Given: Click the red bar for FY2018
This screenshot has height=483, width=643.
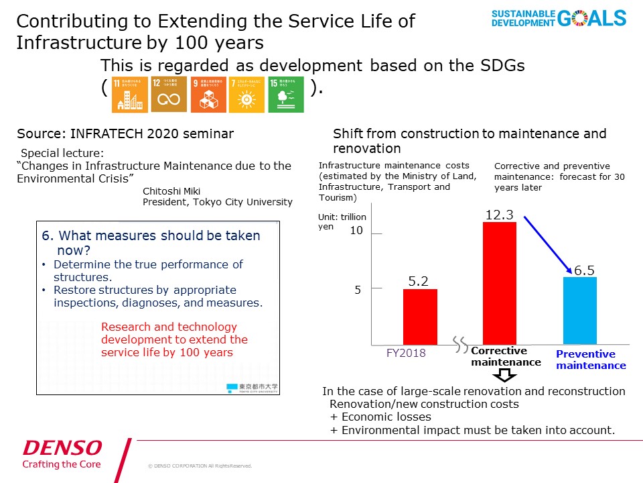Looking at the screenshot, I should click(420, 317).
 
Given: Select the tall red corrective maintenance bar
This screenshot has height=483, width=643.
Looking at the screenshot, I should click(500, 283).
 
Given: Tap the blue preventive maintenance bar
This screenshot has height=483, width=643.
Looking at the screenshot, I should click(579, 310).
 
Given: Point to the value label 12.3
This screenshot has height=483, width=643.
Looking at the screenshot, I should click(499, 214).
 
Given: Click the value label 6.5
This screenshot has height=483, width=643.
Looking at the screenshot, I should click(584, 270).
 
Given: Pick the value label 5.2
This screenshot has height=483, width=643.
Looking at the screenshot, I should click(419, 282).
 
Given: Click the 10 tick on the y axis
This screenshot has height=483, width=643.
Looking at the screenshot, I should click(356, 231).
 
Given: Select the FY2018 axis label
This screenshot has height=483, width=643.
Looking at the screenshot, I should click(405, 353).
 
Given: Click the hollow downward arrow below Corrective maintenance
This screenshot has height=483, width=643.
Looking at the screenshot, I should click(506, 375).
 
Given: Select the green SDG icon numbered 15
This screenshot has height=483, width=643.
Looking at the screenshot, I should click(286, 95).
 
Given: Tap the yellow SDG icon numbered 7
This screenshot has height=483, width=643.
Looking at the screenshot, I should click(246, 95).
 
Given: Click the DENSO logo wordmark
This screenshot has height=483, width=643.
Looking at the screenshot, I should click(62, 447).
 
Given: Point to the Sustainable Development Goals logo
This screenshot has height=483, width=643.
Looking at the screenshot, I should click(559, 18).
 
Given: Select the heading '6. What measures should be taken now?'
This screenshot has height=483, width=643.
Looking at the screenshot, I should click(151, 243).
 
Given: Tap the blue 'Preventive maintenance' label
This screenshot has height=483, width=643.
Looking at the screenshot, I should click(591, 360).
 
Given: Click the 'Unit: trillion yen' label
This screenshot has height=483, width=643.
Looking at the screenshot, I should click(342, 222).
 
